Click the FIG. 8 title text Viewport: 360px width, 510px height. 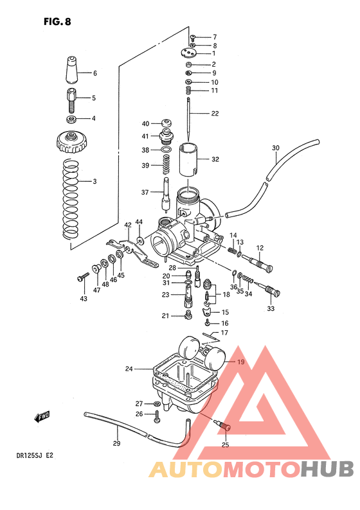point(57,21)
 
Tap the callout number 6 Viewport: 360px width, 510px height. point(94,73)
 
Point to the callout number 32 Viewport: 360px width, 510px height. point(215,159)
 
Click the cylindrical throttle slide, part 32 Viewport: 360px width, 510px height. point(188,159)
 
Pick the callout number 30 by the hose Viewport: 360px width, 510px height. point(275,148)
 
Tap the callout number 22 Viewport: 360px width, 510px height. point(215,114)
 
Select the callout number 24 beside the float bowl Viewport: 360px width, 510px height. point(129,369)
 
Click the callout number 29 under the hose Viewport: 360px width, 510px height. point(116,443)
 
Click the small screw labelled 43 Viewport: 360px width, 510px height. point(82,277)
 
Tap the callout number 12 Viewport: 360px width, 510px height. point(260,247)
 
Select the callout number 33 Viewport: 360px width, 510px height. point(270,309)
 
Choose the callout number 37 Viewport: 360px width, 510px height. point(145,191)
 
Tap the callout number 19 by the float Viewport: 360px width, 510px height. point(240,362)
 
